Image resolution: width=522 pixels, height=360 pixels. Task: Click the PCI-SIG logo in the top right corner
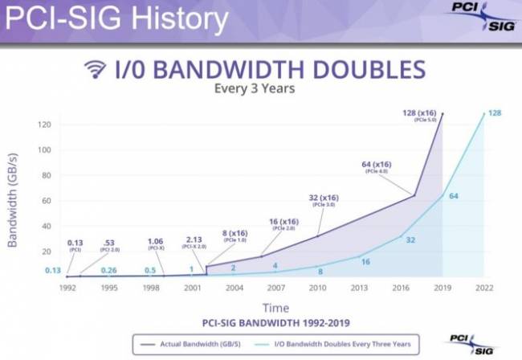[474, 18]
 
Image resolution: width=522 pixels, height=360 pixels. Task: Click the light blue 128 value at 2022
[495, 113]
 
